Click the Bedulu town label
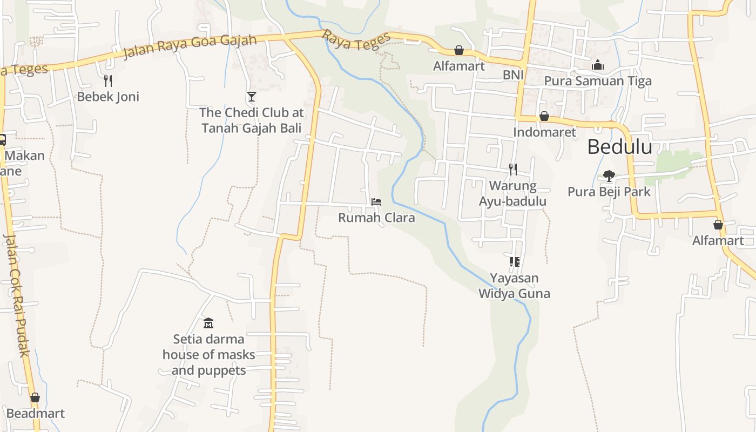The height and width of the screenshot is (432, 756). coord(619,147)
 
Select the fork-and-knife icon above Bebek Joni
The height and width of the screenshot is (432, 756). coord(108,81)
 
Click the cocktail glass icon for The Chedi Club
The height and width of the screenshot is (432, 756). coord(251,97)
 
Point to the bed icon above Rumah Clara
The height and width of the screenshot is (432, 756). coord(376,202)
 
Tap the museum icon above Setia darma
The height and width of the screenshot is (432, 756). coord(208,323)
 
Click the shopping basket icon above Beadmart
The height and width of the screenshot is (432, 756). coord(35,398)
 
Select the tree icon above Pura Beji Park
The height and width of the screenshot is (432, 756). coord(609,175)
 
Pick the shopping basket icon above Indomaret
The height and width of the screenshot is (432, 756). coord(544,117)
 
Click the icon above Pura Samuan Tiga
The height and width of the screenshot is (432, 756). coord(598,65)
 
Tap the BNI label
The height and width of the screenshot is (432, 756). coord(513,75)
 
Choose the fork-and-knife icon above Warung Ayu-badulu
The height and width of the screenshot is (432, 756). coord(513,170)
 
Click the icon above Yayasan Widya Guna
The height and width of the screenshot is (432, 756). coord(514,262)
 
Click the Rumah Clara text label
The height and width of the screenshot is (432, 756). coord(376,218)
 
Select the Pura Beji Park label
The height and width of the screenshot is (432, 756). coord(609,192)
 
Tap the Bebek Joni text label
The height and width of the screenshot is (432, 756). coord(108,97)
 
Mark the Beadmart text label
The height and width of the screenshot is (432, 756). coord(36,414)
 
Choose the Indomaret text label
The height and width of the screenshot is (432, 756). coord(544,132)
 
